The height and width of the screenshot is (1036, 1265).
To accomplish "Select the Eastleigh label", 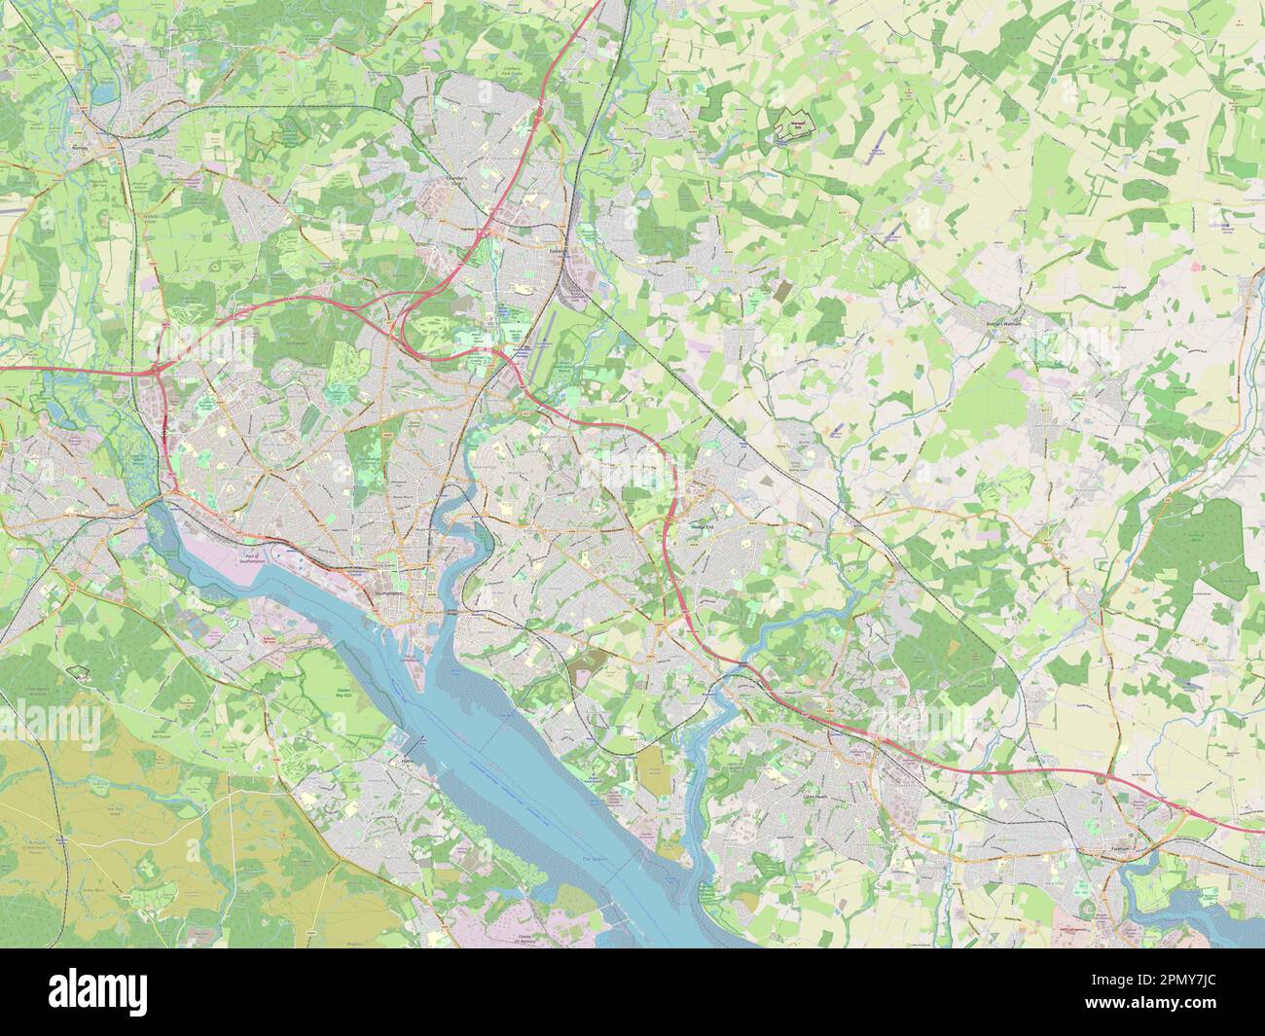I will point(558,249).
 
